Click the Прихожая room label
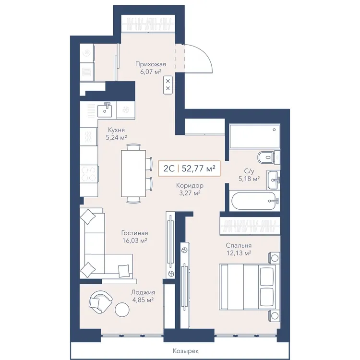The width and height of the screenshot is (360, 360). click(150, 64)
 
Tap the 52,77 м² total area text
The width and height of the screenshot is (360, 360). click(198, 168)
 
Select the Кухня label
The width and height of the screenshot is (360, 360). click(116, 130)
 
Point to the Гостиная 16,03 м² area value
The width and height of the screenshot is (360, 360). click(134, 240)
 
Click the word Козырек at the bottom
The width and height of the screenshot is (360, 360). click(185, 351)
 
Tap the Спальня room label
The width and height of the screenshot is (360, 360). click(239, 245)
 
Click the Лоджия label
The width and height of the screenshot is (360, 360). click(143, 292)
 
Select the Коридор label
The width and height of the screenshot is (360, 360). click(190, 185)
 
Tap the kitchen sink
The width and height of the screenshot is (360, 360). click(105, 110)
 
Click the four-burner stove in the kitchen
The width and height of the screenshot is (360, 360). click(89, 174)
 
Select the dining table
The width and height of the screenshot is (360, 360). click(133, 173)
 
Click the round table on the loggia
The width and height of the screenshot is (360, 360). click(122, 310)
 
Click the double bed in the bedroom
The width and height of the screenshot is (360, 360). click(248, 287)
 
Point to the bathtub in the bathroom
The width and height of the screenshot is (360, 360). click(255, 201)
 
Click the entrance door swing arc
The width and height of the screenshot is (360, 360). click(205, 54)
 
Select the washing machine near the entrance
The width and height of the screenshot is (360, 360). click(87, 53)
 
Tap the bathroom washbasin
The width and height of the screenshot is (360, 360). click(274, 180)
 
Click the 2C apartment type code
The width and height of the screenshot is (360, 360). click(169, 168)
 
